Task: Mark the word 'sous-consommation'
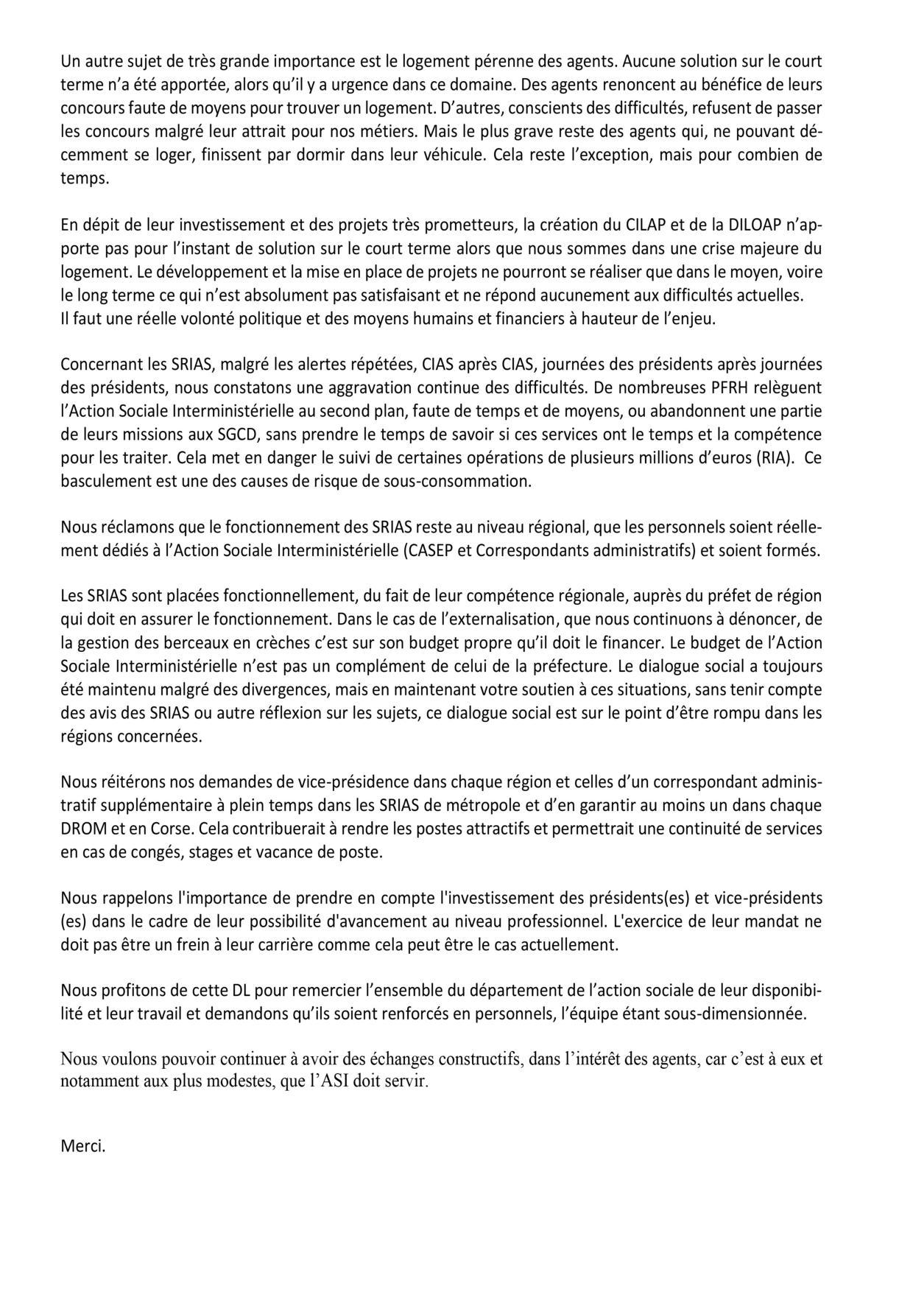click(471, 481)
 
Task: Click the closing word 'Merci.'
click(83, 1146)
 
